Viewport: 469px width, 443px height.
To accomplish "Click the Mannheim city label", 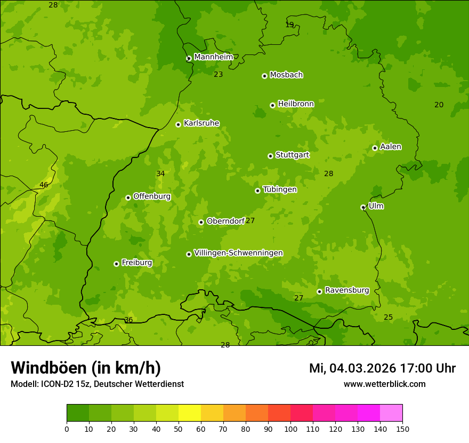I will tap(213, 57).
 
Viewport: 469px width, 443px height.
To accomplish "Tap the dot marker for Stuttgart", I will tap(271, 156).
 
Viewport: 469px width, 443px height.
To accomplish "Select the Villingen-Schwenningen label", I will tap(238, 253).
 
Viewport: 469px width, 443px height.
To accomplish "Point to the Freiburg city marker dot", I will tap(116, 264).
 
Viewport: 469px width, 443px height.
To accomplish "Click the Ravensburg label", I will tap(346, 290).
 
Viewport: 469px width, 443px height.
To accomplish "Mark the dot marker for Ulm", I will tap(363, 207).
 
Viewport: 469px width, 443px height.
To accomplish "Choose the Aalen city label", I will tap(391, 147).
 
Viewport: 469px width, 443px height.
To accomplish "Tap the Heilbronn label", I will tap(296, 104).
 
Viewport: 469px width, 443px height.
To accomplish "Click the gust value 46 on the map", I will tap(44, 185).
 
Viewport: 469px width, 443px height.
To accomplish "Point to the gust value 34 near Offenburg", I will tap(160, 173).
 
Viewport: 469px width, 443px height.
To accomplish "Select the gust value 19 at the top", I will tap(289, 25).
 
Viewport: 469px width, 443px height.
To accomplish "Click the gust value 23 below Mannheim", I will tap(219, 75).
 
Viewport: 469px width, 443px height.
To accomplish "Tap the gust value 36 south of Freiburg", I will tap(128, 320).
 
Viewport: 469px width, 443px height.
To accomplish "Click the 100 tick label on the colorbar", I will tap(290, 429).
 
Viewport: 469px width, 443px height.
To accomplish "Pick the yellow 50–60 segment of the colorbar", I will tap(190, 413).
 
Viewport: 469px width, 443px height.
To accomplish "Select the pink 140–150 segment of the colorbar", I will tap(391, 413).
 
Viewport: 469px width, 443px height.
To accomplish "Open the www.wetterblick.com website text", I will tap(384, 384).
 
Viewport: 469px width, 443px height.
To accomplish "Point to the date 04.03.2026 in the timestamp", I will tap(362, 368).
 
